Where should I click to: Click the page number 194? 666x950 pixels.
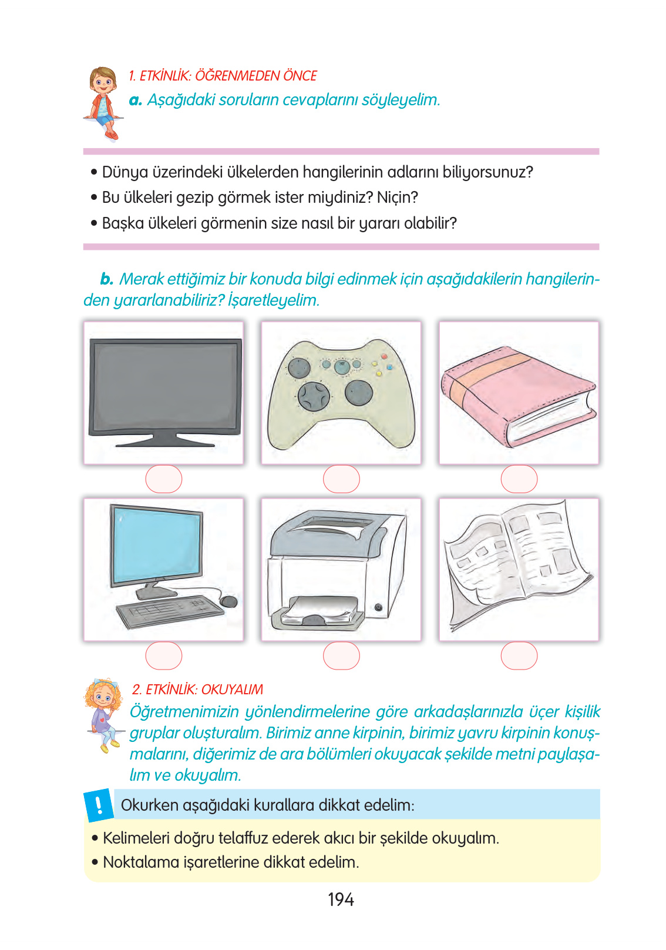pyautogui.click(x=341, y=899)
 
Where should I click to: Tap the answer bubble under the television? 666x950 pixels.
pyautogui.click(x=164, y=479)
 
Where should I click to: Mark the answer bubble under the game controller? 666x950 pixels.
pyautogui.click(x=341, y=479)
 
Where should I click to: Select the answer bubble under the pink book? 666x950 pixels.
pyautogui.click(x=519, y=479)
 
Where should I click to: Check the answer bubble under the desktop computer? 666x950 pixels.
pyautogui.click(x=164, y=655)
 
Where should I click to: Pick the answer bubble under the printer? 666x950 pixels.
pyautogui.click(x=341, y=655)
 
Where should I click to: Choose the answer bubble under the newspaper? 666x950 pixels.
pyautogui.click(x=519, y=655)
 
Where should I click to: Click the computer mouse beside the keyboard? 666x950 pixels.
pyautogui.click(x=229, y=601)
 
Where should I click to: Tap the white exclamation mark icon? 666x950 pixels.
pyautogui.click(x=99, y=804)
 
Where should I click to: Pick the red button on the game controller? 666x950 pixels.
pyautogui.click(x=385, y=356)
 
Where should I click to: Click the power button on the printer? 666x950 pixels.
pyautogui.click(x=378, y=607)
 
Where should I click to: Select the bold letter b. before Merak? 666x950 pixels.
pyautogui.click(x=106, y=279)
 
